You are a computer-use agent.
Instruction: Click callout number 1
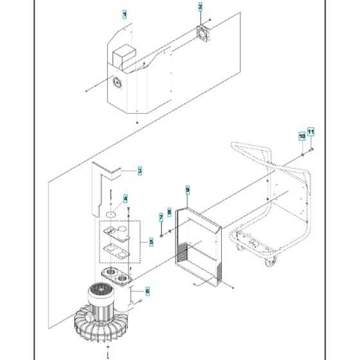pyautogui.click(x=125, y=14)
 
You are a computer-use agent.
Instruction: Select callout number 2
pyautogui.click(x=200, y=7)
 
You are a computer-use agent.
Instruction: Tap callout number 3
pyautogui.click(x=139, y=171)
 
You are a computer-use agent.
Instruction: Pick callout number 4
pyautogui.click(x=125, y=199)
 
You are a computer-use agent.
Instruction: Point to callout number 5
pyautogui.click(x=151, y=242)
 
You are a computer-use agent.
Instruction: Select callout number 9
pyautogui.click(x=188, y=190)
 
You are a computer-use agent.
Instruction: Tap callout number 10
pyautogui.click(x=300, y=136)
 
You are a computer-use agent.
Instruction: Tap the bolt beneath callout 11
pyautogui.click(x=310, y=150)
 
